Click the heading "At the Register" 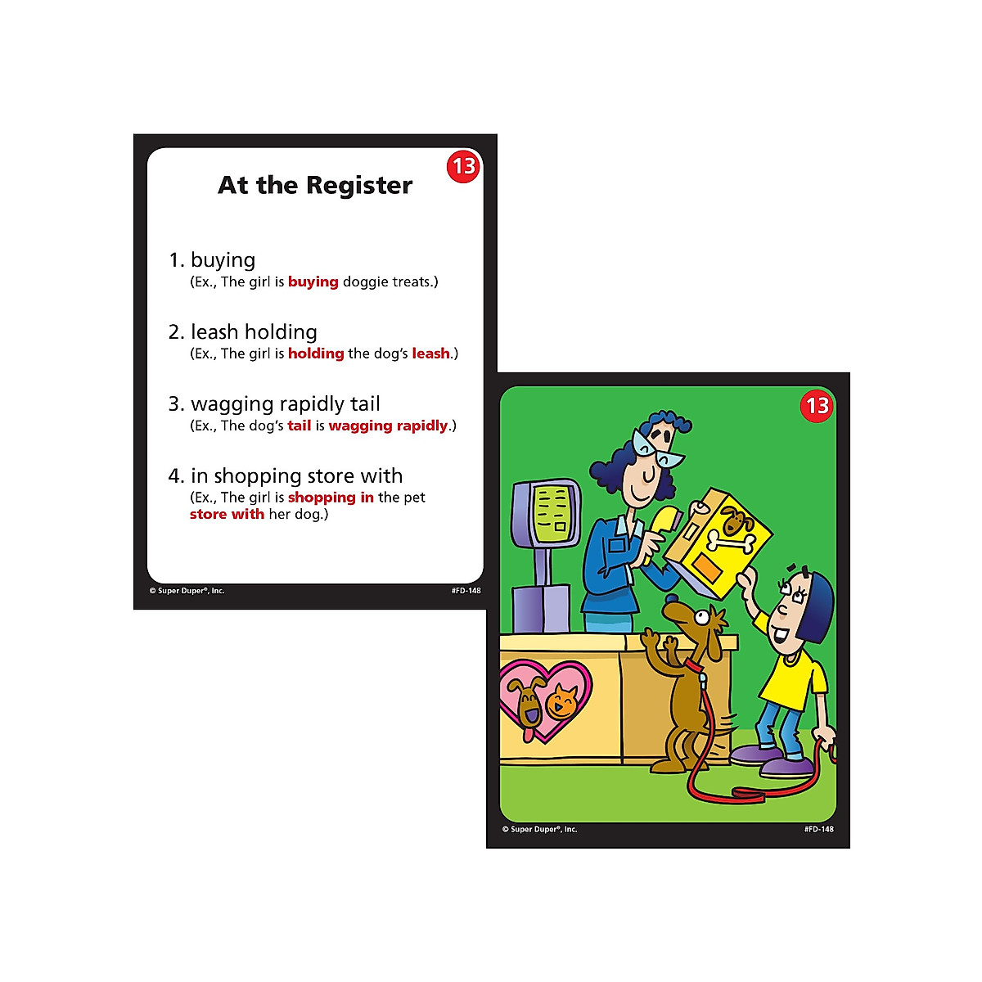315,185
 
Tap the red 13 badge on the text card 463,166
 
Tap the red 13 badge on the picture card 817,405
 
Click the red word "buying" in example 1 313,282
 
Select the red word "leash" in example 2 430,354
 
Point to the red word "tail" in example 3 300,426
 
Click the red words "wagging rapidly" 388,426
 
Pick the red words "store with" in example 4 227,514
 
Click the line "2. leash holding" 242,331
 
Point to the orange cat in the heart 562,701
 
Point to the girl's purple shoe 786,765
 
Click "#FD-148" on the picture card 818,829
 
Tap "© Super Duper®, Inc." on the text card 187,590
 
